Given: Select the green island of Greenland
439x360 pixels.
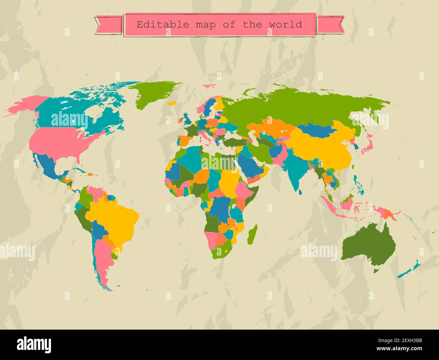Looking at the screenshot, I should pos(154,95).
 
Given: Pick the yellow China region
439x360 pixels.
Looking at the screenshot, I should pos(321,149).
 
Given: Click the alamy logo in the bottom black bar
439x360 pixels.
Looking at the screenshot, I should pos(34,344).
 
